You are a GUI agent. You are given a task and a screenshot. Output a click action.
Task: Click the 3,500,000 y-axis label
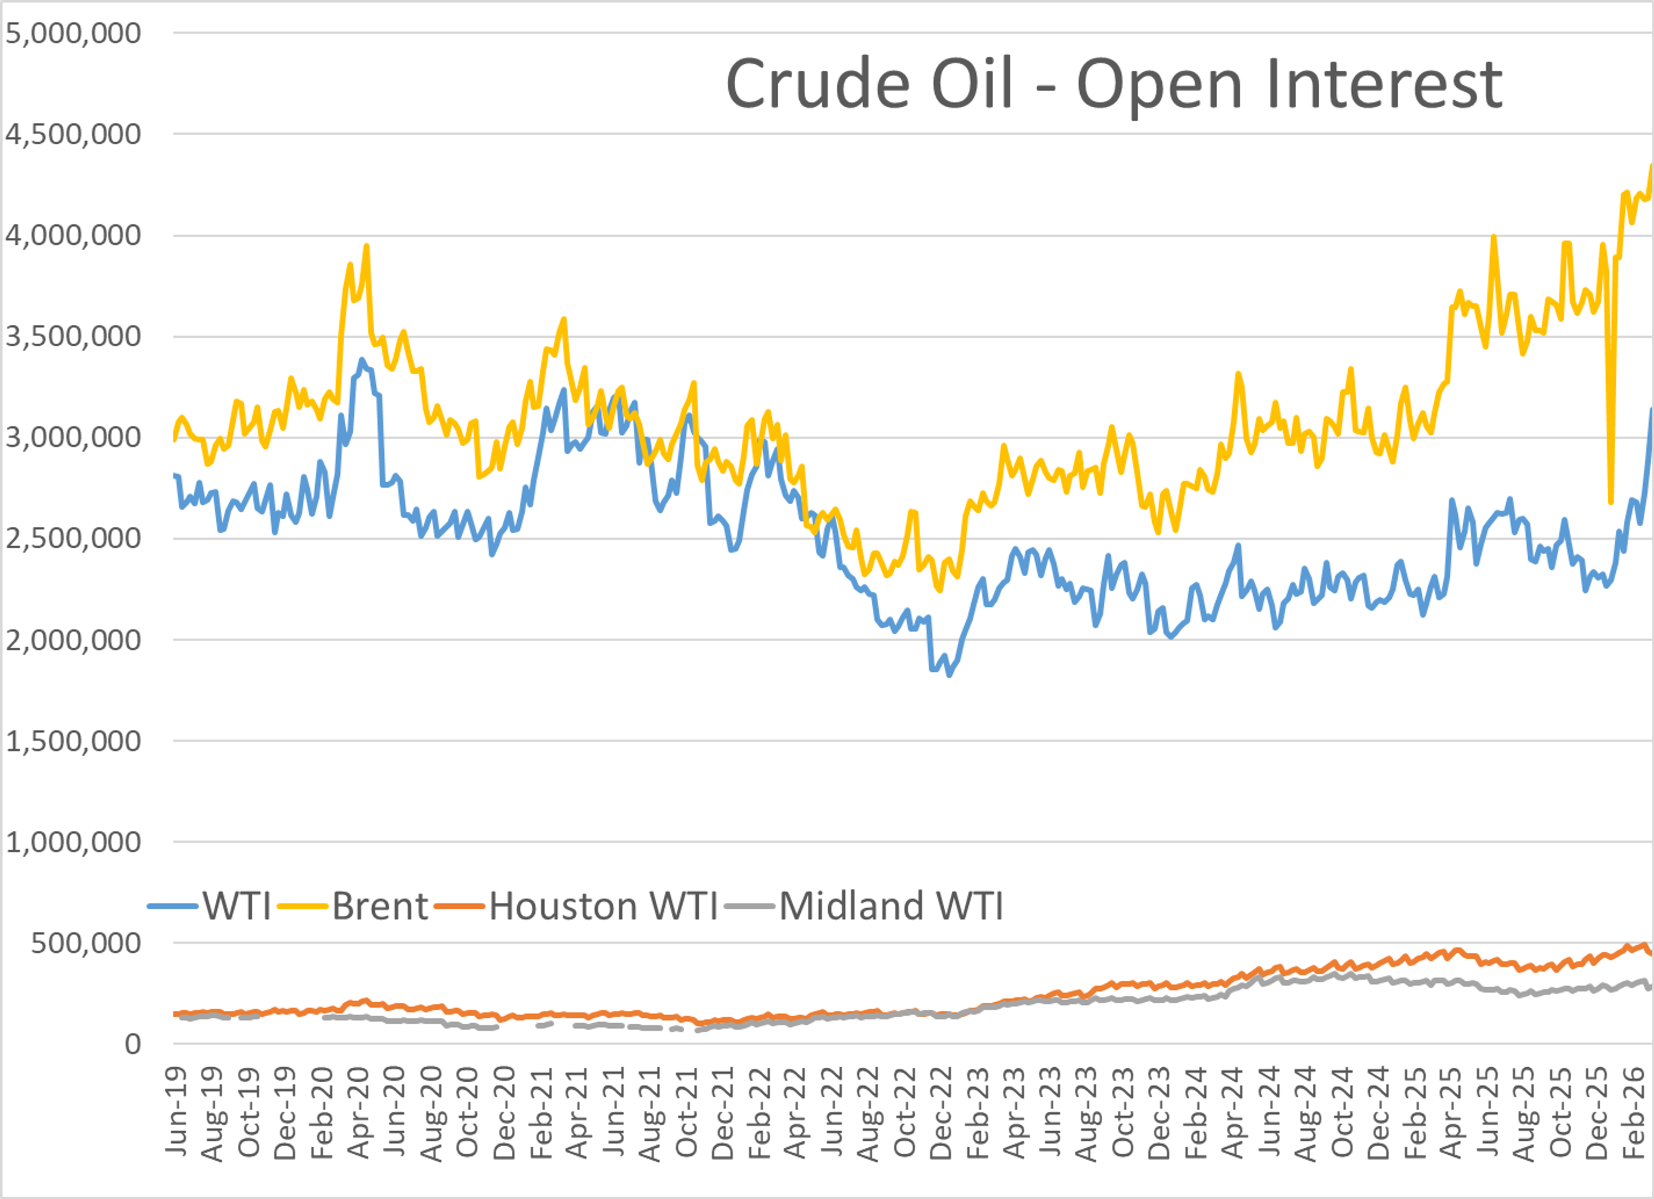pyautogui.click(x=73, y=337)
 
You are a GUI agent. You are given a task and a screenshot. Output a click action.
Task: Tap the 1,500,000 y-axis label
pyautogui.click(x=73, y=742)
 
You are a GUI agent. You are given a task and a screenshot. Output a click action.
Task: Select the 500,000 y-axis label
pyautogui.click(x=85, y=944)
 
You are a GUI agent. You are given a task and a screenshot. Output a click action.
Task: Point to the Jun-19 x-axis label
pyautogui.click(x=177, y=1112)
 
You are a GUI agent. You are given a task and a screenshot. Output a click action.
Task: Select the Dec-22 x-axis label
pyautogui.click(x=941, y=1112)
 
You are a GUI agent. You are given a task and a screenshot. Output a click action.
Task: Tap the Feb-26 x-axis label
pyautogui.click(x=1634, y=1112)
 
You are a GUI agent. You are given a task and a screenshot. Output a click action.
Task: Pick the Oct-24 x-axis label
pyautogui.click(x=1342, y=1112)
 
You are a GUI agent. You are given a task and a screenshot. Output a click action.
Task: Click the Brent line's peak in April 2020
pyautogui.click(x=366, y=246)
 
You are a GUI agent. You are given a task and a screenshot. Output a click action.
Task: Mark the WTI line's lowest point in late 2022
pyautogui.click(x=949, y=675)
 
